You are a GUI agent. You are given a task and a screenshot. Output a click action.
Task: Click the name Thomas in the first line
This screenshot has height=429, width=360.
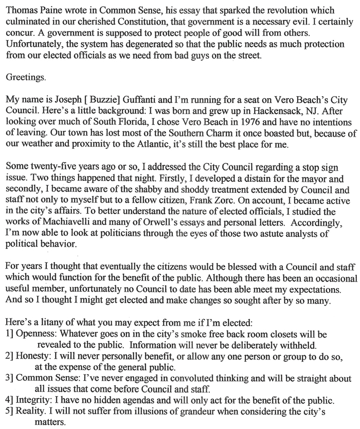tap(21, 9)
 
